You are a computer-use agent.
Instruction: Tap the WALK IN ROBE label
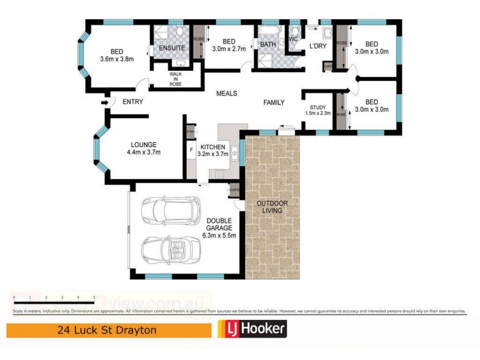point(175,79)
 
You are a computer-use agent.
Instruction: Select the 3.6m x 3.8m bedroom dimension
point(117,59)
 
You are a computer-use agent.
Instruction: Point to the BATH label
point(267,44)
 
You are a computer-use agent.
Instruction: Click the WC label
point(293,40)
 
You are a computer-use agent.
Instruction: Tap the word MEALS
point(227,94)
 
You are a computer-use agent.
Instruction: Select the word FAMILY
point(274,103)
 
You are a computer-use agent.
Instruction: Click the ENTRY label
point(133,102)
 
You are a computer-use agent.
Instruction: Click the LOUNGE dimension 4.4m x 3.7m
point(143,152)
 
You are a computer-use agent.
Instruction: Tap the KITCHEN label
point(212,147)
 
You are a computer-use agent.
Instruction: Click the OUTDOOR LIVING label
point(272,207)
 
